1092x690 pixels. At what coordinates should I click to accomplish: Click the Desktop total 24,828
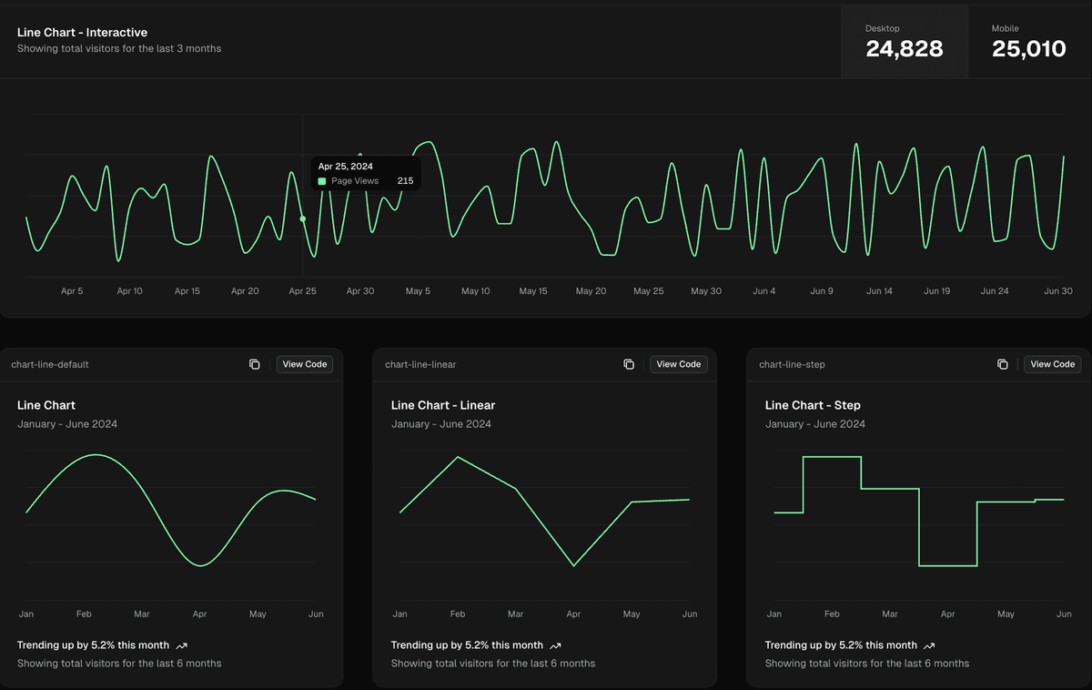904,49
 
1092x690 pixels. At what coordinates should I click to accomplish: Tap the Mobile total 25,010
1028,49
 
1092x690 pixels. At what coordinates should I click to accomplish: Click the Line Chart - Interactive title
82,32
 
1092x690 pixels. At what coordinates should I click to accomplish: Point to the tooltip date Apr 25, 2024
345,167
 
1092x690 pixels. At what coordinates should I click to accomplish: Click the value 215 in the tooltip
405,181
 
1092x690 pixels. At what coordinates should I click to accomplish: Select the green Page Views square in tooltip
322,181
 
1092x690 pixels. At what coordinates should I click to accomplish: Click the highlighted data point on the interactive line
303,218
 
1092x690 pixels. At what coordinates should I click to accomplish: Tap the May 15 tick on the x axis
533,291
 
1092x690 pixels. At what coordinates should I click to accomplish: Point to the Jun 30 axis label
1057,291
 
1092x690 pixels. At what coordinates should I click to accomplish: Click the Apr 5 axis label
72,291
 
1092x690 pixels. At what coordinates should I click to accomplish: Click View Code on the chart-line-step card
1052,364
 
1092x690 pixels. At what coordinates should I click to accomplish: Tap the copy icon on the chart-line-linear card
629,364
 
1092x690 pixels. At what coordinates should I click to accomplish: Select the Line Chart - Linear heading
443,405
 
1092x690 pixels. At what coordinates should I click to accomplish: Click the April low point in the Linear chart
573,566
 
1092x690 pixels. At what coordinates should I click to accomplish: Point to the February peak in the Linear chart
458,457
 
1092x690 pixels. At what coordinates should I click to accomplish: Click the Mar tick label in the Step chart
890,614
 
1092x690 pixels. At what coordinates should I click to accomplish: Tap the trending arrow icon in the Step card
929,645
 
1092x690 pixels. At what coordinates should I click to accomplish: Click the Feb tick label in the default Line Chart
84,614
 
